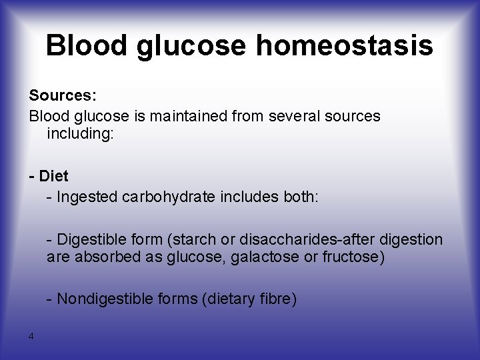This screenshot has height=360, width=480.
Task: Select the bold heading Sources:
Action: point(58,97)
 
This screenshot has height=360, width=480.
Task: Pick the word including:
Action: point(81,135)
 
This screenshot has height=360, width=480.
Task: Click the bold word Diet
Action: point(54,177)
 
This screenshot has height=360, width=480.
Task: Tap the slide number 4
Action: point(31,336)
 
